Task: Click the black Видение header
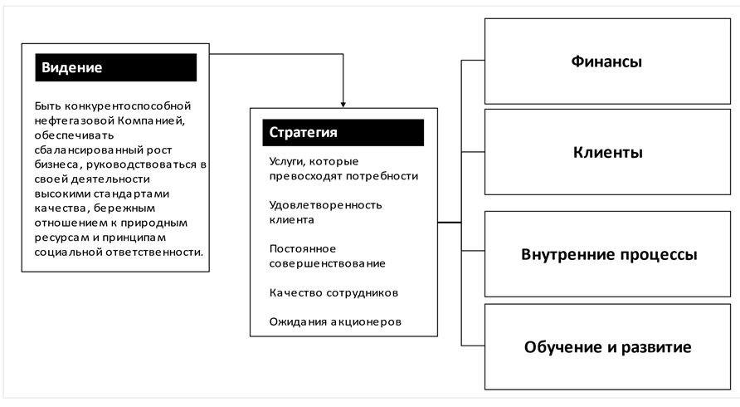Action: point(116,67)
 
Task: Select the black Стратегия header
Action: point(343,132)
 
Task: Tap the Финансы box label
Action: point(607,61)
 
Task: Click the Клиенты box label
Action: point(607,153)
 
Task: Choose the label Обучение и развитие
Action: point(607,346)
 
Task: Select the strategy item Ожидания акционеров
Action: point(335,321)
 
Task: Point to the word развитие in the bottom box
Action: point(660,346)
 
